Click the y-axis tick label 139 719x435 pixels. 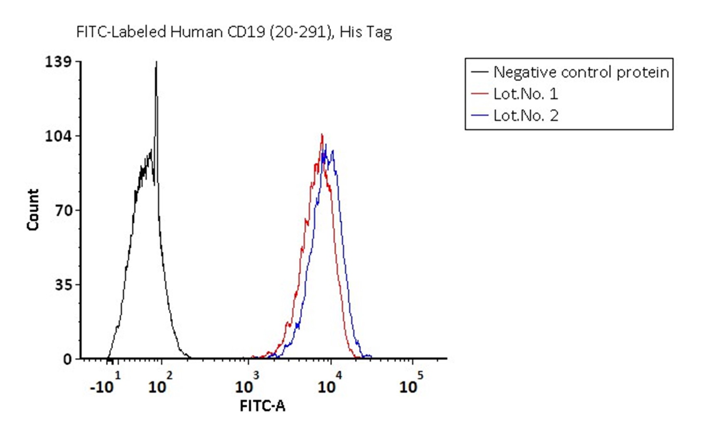[x=58, y=62]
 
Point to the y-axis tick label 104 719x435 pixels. [x=58, y=136]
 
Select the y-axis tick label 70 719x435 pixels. [x=64, y=211]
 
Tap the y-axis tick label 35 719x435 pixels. [x=64, y=285]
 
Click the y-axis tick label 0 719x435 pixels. [x=68, y=359]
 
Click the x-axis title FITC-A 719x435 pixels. [x=263, y=406]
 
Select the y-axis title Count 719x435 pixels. [x=33, y=210]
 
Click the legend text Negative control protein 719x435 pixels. [x=581, y=72]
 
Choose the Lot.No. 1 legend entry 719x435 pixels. [x=525, y=94]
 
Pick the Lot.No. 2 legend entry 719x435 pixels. [x=525, y=116]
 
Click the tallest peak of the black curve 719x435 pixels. [x=156, y=62]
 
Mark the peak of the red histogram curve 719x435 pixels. [x=322, y=135]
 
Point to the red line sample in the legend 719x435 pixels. [x=479, y=94]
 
